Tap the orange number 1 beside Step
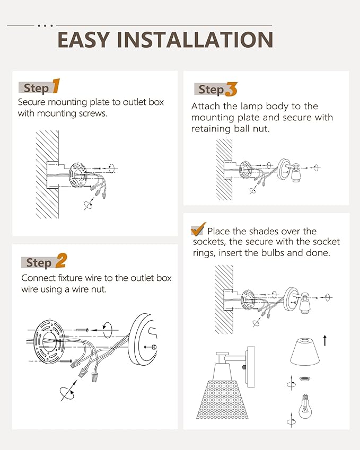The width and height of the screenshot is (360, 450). tap(56, 86)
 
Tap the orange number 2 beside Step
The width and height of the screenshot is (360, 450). tap(61, 261)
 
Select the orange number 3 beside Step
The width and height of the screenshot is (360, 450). tap(231, 89)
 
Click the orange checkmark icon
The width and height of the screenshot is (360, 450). tap(198, 229)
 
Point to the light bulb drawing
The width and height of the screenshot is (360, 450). tap(305, 407)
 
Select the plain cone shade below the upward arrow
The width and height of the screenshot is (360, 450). tap(305, 352)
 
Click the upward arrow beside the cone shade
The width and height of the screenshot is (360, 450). tap(325, 340)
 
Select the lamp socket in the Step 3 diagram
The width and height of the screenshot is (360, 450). tap(296, 173)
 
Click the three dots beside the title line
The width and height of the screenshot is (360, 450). tap(46, 26)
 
